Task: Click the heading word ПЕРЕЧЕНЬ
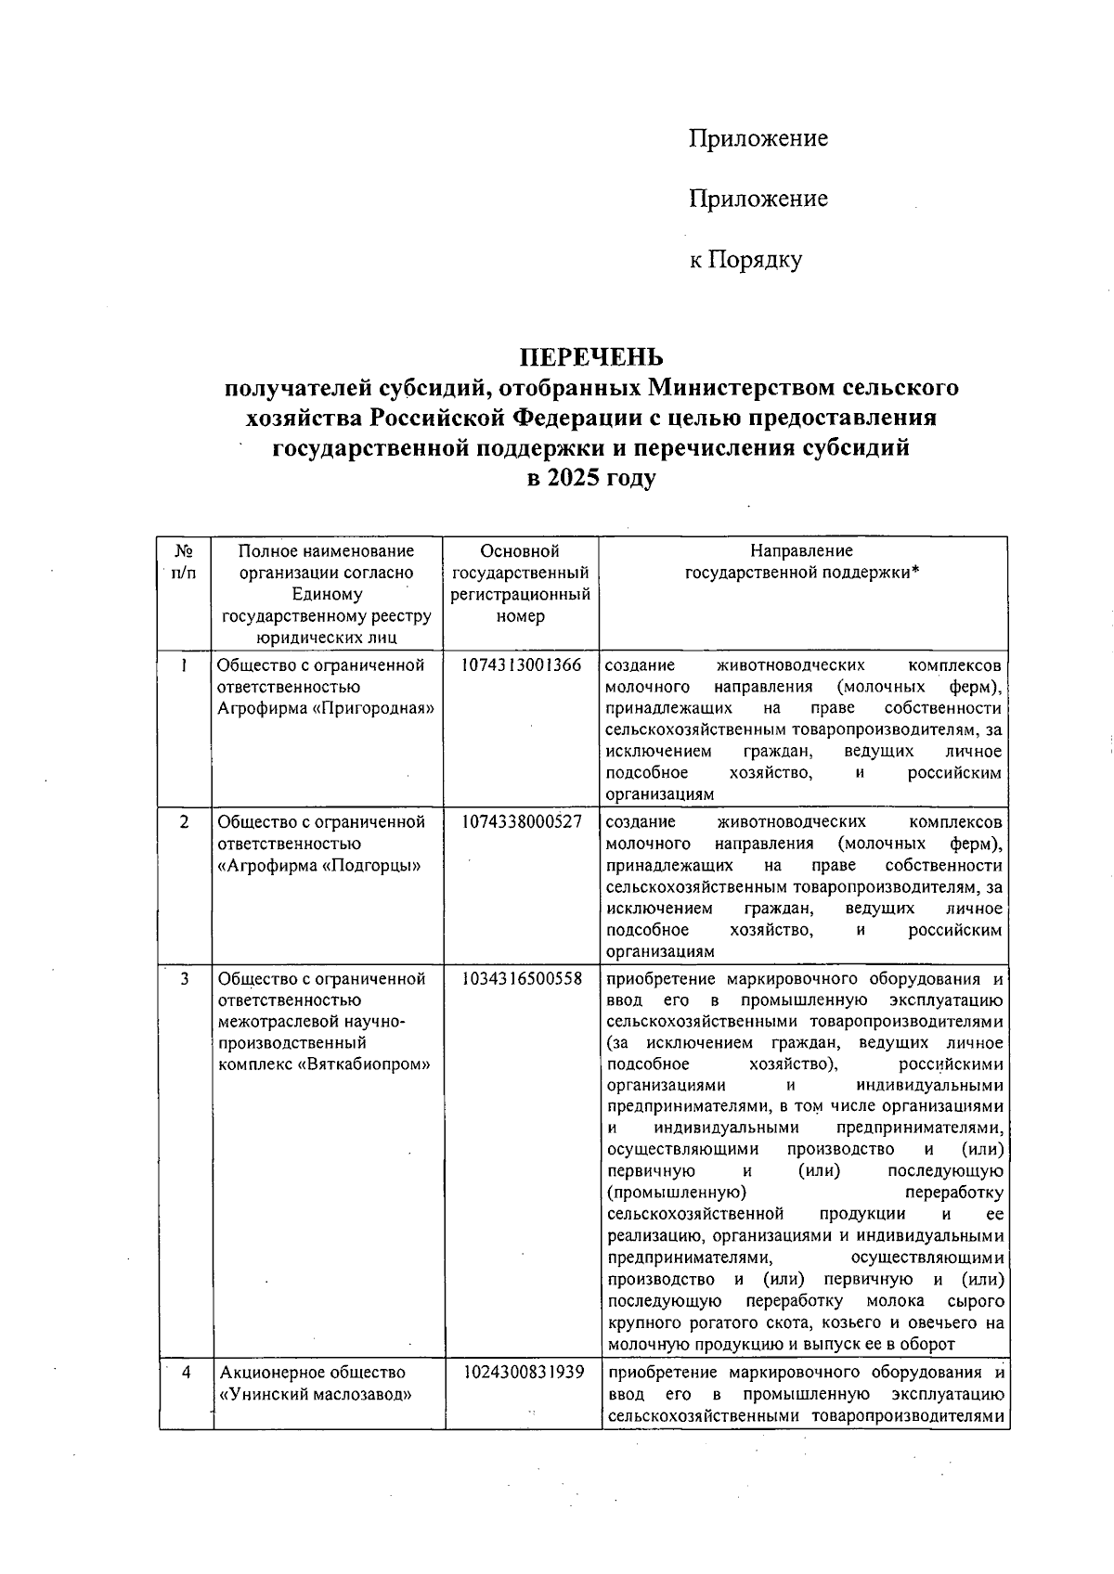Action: tap(591, 357)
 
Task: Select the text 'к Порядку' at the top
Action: tap(745, 260)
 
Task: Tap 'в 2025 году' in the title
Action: tap(591, 479)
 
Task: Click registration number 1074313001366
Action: tap(521, 665)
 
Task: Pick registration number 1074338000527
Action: tap(521, 822)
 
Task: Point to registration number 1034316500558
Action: tap(521, 979)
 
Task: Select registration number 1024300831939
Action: tap(523, 1372)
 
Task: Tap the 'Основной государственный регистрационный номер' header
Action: tap(521, 584)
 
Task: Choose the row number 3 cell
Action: tap(185, 979)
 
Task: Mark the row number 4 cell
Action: tap(186, 1372)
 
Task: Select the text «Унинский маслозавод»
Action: tap(316, 1394)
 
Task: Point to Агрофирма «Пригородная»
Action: tap(326, 709)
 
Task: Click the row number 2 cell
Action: tap(184, 822)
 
